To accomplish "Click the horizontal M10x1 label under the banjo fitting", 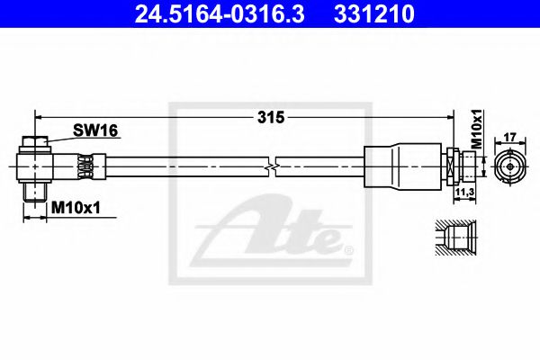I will pos(75,208).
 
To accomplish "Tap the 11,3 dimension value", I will pos(466,192).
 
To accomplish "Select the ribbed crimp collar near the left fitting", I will pos(87,167).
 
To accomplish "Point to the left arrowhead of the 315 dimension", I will pos(40,117).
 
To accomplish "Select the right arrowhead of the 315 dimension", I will pos(447,117).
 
